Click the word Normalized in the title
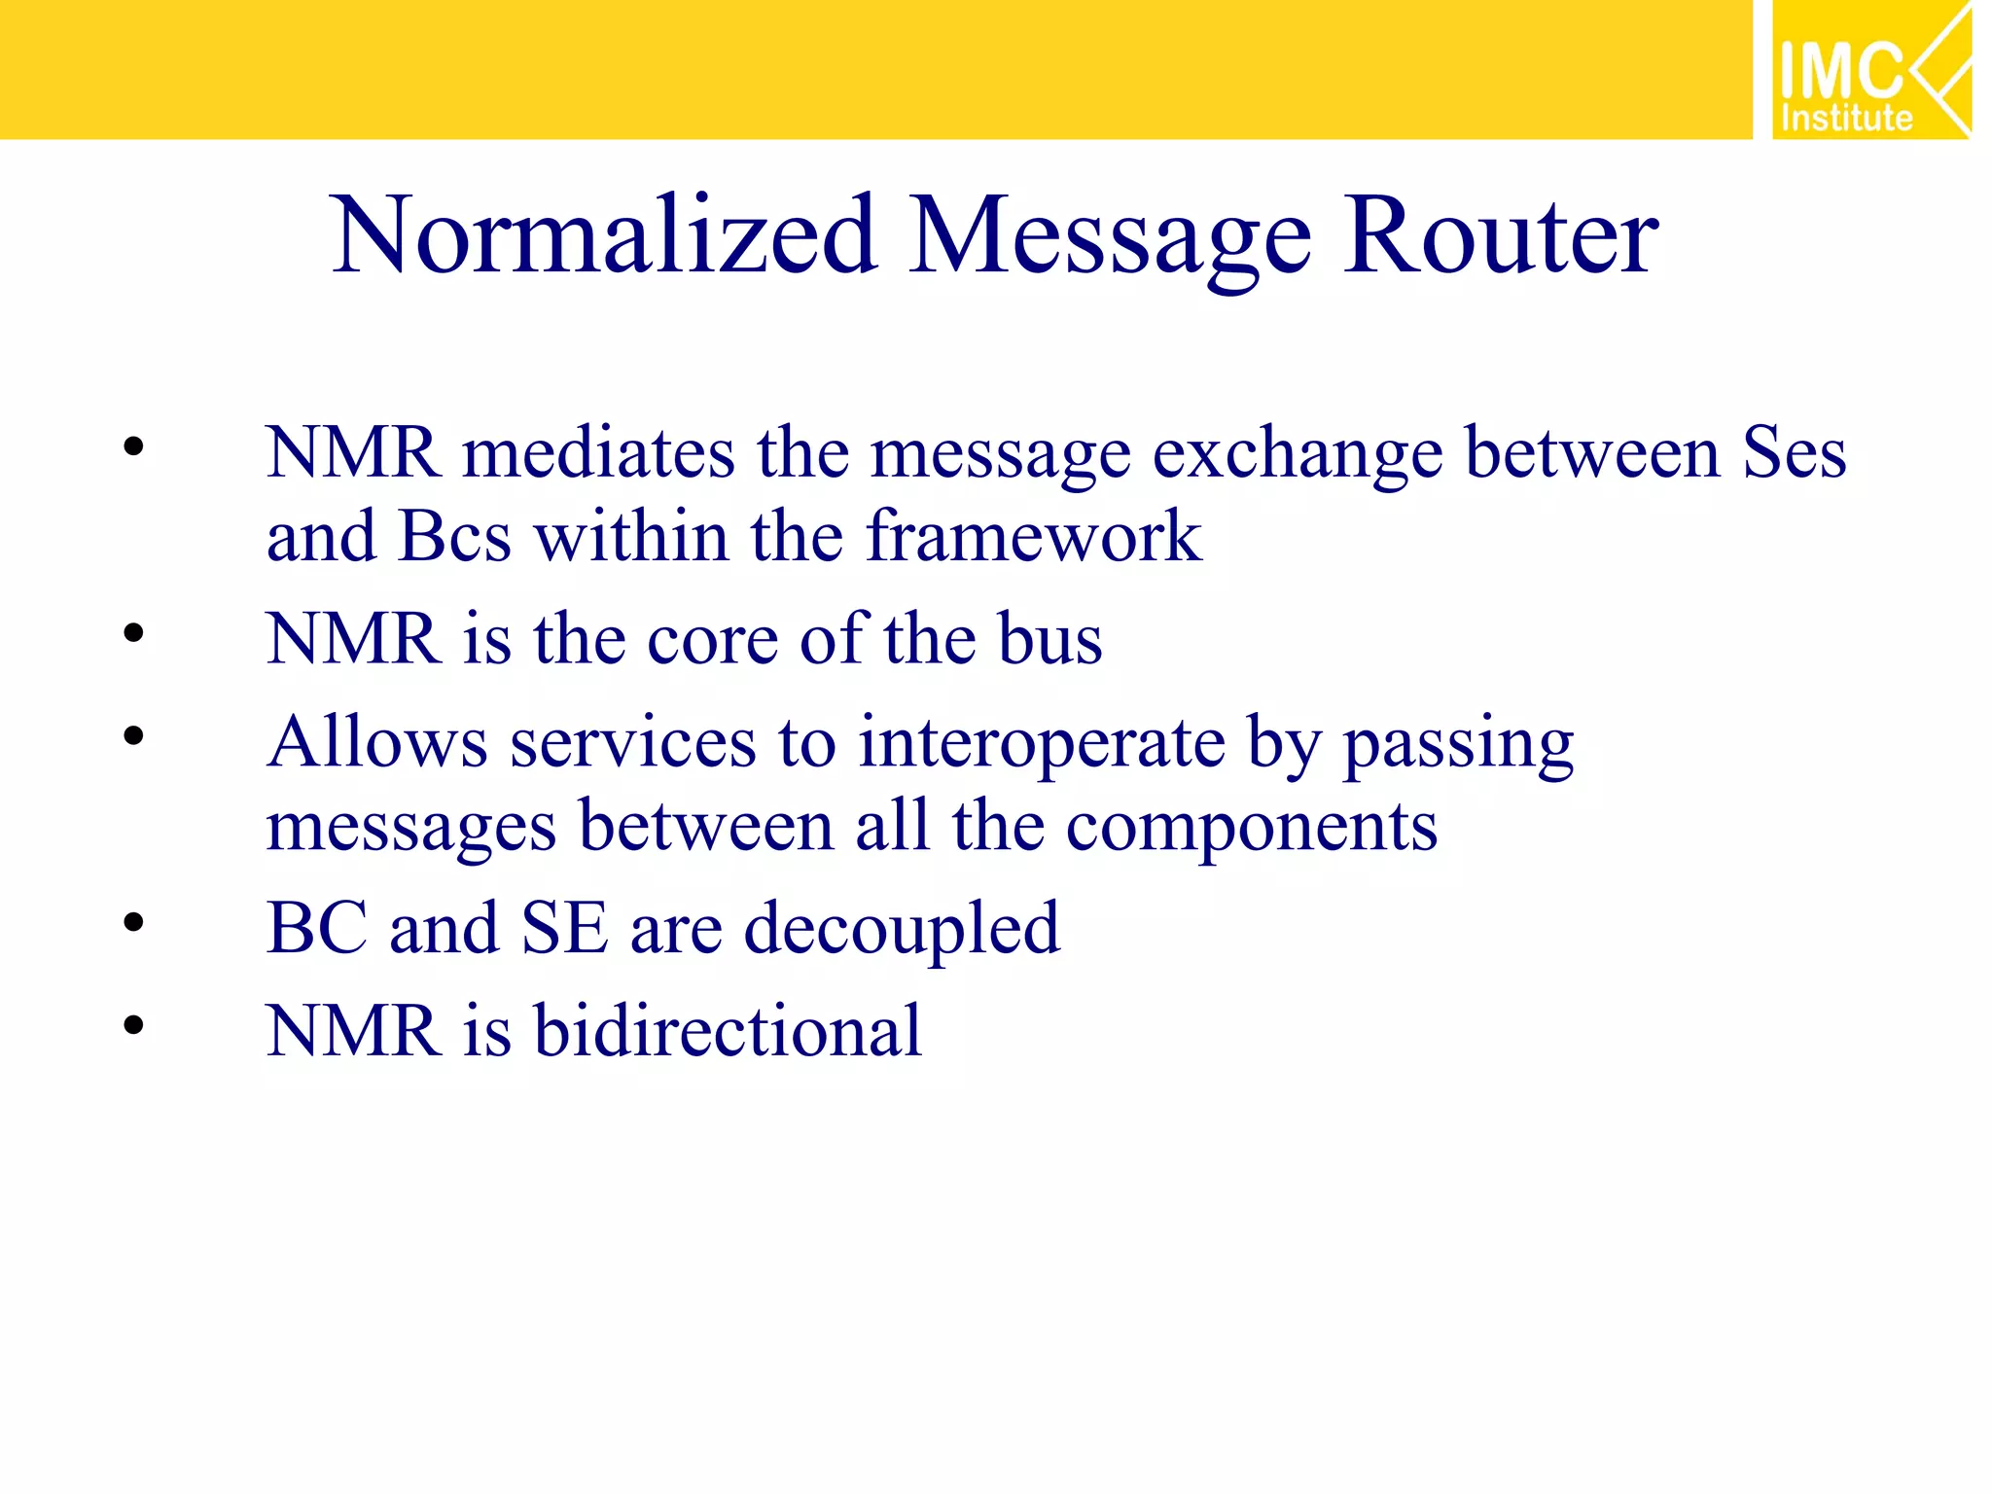point(603,236)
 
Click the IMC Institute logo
point(1870,70)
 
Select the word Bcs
point(454,537)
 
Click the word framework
point(1033,537)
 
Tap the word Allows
point(376,743)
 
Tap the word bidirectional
point(727,1031)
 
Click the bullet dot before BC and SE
point(133,922)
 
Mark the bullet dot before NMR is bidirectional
point(133,1025)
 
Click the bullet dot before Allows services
point(133,735)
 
